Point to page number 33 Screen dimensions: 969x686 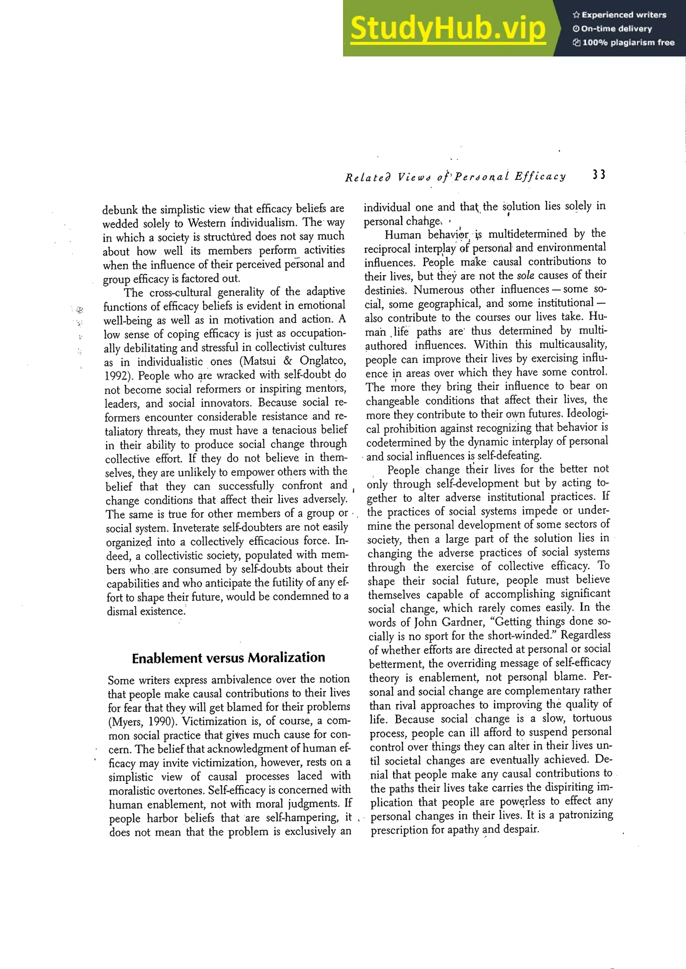(599, 175)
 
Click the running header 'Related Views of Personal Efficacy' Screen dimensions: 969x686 (455, 177)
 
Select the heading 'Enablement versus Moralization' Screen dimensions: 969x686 (228, 658)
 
